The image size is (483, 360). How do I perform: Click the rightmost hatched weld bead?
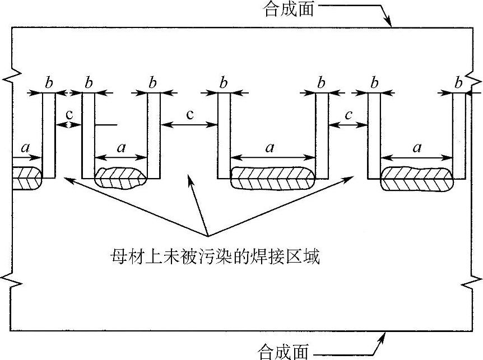point(416,179)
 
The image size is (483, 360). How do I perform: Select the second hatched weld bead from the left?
point(120,177)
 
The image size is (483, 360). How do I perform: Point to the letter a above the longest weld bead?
point(270,148)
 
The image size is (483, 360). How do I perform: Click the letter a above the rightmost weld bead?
point(416,148)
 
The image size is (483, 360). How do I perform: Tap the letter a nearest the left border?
point(25,148)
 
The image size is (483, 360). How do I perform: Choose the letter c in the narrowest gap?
point(69,114)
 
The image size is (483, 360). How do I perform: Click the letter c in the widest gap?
point(189,115)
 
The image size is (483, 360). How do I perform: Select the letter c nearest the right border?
point(349,115)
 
